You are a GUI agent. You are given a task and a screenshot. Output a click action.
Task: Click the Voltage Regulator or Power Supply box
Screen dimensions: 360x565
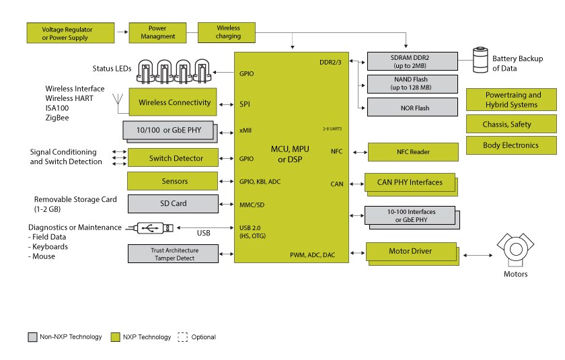click(x=67, y=32)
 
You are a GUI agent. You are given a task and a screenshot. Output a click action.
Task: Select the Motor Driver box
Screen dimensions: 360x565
click(x=410, y=252)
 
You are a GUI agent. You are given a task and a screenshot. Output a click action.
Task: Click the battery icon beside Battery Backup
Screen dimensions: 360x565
click(x=480, y=60)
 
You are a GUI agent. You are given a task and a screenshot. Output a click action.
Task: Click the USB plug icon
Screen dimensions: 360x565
click(x=154, y=228)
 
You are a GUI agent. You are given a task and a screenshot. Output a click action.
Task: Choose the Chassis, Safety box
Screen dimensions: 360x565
click(x=511, y=124)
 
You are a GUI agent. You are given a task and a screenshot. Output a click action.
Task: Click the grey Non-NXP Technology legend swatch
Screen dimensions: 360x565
click(x=32, y=336)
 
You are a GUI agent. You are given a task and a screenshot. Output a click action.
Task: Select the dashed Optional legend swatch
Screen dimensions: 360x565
click(x=182, y=336)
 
